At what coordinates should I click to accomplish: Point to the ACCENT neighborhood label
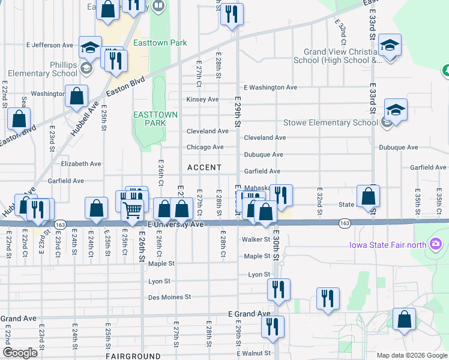point(204,167)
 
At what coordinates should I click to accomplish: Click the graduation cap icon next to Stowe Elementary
point(396,109)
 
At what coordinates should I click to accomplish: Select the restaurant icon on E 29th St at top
point(231,13)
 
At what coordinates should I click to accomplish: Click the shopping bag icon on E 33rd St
point(368,196)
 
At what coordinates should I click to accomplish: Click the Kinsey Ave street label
point(202,99)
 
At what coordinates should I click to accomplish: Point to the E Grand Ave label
point(250,314)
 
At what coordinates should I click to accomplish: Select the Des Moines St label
point(170,297)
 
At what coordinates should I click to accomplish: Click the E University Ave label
point(176,224)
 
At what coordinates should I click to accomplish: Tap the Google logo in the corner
point(20,353)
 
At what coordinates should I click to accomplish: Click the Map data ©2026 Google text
point(412,355)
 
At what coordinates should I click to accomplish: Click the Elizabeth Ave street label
point(81,163)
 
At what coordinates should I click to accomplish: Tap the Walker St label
point(256,239)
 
